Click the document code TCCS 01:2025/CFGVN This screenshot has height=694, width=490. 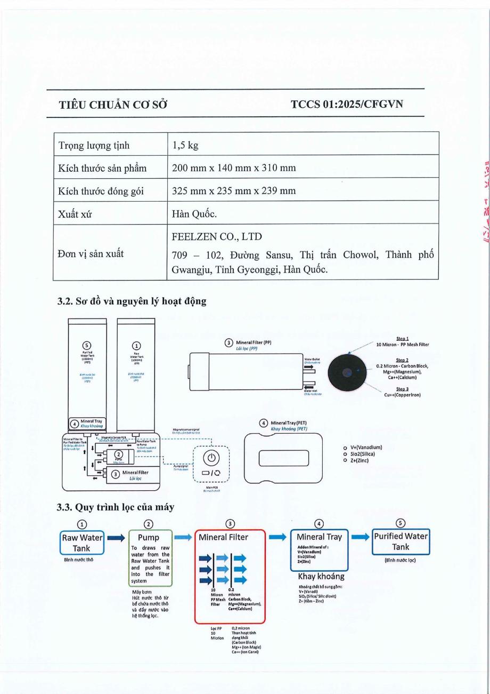tap(347, 103)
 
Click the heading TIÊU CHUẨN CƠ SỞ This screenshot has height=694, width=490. tap(113, 105)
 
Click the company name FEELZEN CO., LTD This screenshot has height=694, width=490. tap(217, 236)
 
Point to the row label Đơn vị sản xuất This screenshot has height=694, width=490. tap(91, 253)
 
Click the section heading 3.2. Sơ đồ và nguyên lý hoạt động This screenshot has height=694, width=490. tap(132, 301)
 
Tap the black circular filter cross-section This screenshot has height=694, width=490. tap(348, 372)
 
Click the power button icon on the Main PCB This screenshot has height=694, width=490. tap(211, 458)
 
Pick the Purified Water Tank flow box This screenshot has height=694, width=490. tap(401, 541)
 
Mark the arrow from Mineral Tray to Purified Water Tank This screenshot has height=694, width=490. tap(360, 537)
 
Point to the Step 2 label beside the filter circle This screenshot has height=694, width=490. tap(402, 360)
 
